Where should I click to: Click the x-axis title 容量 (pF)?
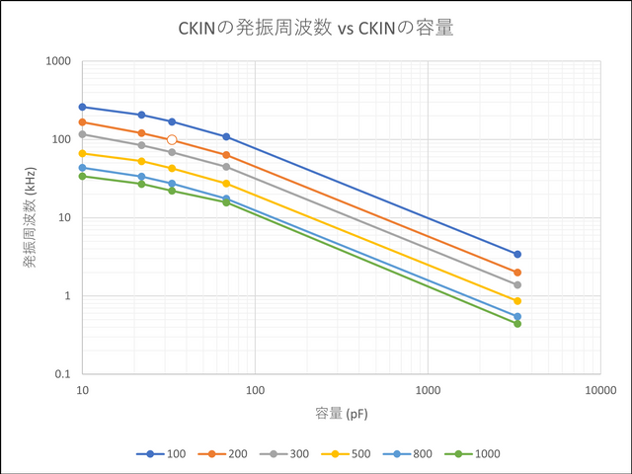[342, 414]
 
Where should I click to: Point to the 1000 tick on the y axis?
[58, 61]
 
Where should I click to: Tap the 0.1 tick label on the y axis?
[62, 374]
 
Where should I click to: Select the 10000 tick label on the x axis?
[600, 390]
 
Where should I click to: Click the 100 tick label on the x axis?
[255, 390]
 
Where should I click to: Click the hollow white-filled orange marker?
[172, 140]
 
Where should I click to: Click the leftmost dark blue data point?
[83, 107]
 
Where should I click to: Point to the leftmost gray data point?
[83, 134]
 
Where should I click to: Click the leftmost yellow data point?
[83, 153]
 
